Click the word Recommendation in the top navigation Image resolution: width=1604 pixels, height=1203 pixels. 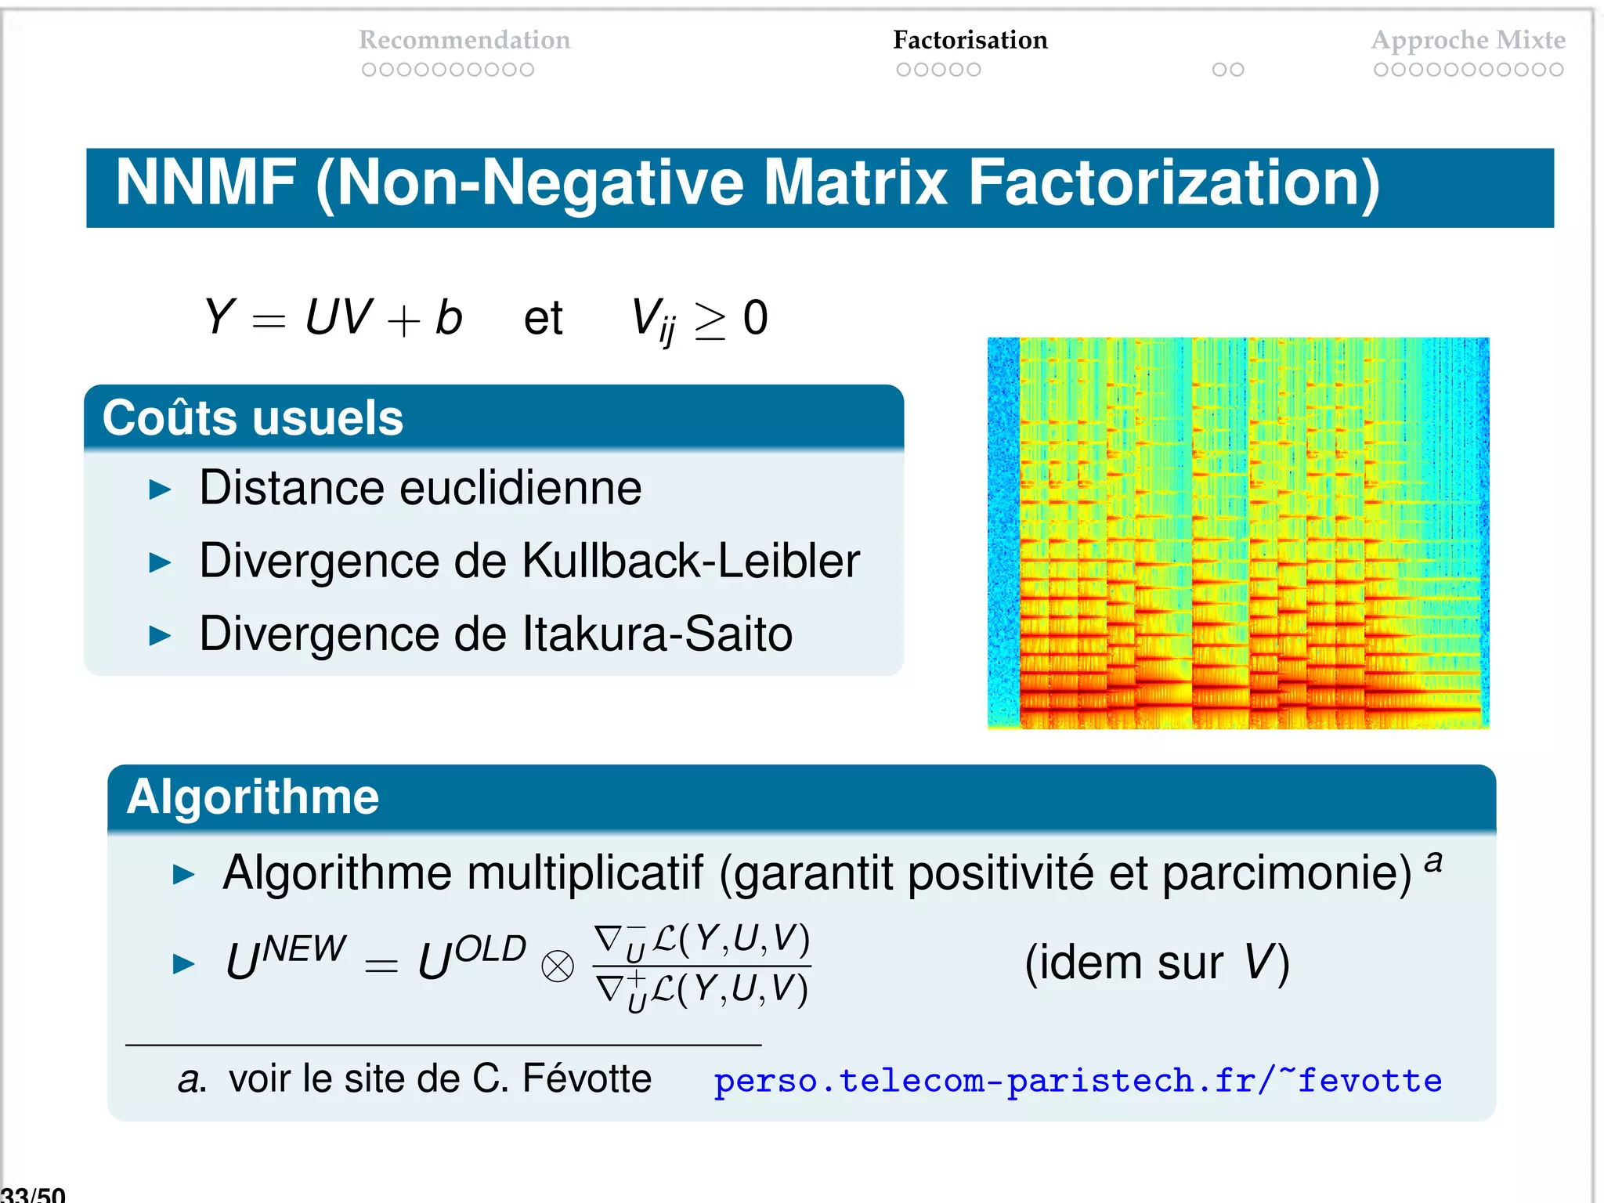pyautogui.click(x=464, y=40)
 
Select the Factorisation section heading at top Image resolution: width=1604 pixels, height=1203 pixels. pyautogui.click(x=970, y=40)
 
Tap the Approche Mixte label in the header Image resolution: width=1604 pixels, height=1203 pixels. pyautogui.click(x=1468, y=40)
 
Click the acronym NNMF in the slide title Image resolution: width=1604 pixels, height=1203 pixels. pyautogui.click(x=205, y=183)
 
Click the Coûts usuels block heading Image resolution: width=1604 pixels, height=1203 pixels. pyautogui.click(x=252, y=417)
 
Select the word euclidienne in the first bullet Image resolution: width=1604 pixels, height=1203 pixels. pyautogui.click(x=521, y=488)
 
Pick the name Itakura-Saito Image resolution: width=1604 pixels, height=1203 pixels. pyautogui.click(x=657, y=634)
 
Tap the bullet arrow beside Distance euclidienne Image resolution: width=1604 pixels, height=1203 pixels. pyautogui.click(x=160, y=490)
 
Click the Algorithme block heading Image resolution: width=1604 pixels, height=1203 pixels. pyautogui.click(x=252, y=797)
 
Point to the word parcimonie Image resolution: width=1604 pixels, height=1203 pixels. pyautogui.click(x=1286, y=872)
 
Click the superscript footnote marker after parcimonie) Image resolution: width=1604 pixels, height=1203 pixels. pyautogui.click(x=1433, y=861)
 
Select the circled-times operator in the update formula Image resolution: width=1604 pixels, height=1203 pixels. pyautogui.click(x=558, y=966)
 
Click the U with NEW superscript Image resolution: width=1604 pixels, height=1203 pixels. pyautogui.click(x=285, y=959)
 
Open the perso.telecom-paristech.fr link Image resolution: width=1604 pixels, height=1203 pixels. pyautogui.click(x=1077, y=1080)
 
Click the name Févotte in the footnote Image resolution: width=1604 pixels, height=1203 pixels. pyautogui.click(x=586, y=1078)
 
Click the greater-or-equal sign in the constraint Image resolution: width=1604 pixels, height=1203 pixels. pyautogui.click(x=710, y=321)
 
